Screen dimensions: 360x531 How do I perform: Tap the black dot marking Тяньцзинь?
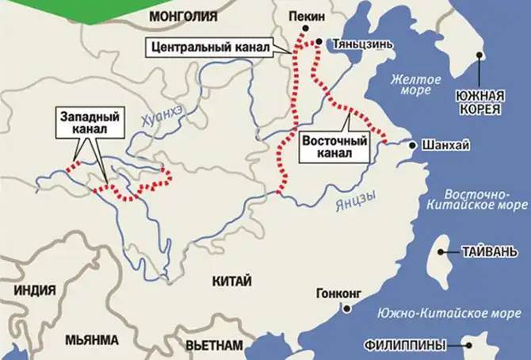[x=319, y=41]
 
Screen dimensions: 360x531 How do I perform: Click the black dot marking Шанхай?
[x=412, y=145]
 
